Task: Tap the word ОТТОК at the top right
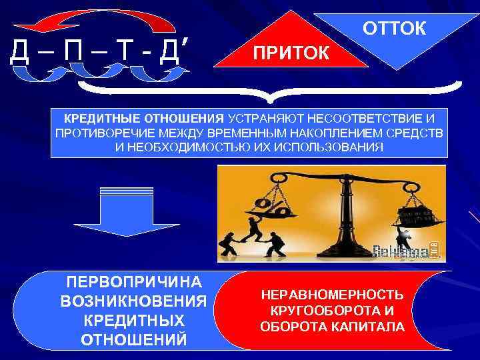[395, 29]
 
